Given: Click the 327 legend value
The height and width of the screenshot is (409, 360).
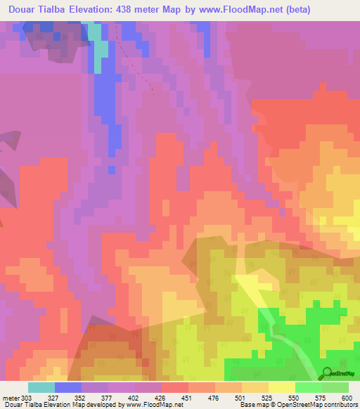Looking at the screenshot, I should coord(54,398).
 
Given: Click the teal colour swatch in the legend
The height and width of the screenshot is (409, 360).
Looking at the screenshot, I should coord(41,387).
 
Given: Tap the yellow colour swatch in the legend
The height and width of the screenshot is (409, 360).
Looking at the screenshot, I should coord(281,387).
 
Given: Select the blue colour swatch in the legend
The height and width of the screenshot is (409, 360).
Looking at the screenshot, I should coord(67,387).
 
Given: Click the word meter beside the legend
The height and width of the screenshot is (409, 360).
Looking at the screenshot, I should coord(11,398).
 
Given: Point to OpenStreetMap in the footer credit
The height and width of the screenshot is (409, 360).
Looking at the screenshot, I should coord(285,405).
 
